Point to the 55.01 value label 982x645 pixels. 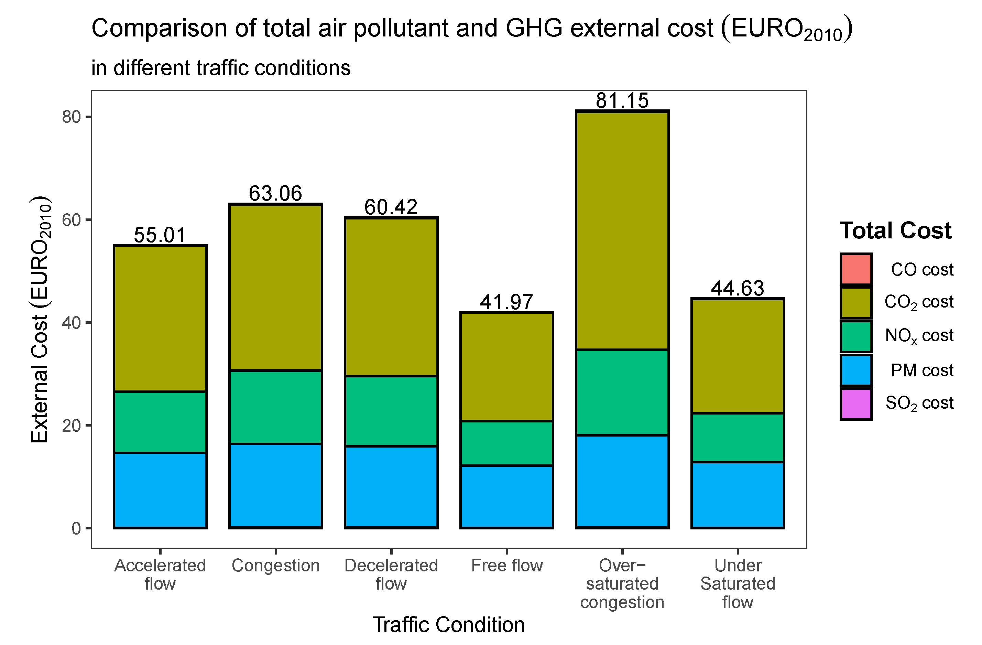pos(160,235)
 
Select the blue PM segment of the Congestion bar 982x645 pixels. pos(276,486)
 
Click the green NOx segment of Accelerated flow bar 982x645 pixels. pos(160,422)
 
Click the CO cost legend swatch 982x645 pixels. pos(856,269)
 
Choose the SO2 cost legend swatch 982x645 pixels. pos(856,404)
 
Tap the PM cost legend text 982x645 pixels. pos(922,370)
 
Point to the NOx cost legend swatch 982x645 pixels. pos(856,336)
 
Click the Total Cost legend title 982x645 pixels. pos(895,230)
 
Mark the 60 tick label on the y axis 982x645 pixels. pos(71,220)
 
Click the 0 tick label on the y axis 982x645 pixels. pos(76,528)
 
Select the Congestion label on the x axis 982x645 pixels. pos(276,565)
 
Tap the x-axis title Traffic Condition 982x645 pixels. pos(448,624)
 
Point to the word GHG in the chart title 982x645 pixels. pos(534,29)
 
